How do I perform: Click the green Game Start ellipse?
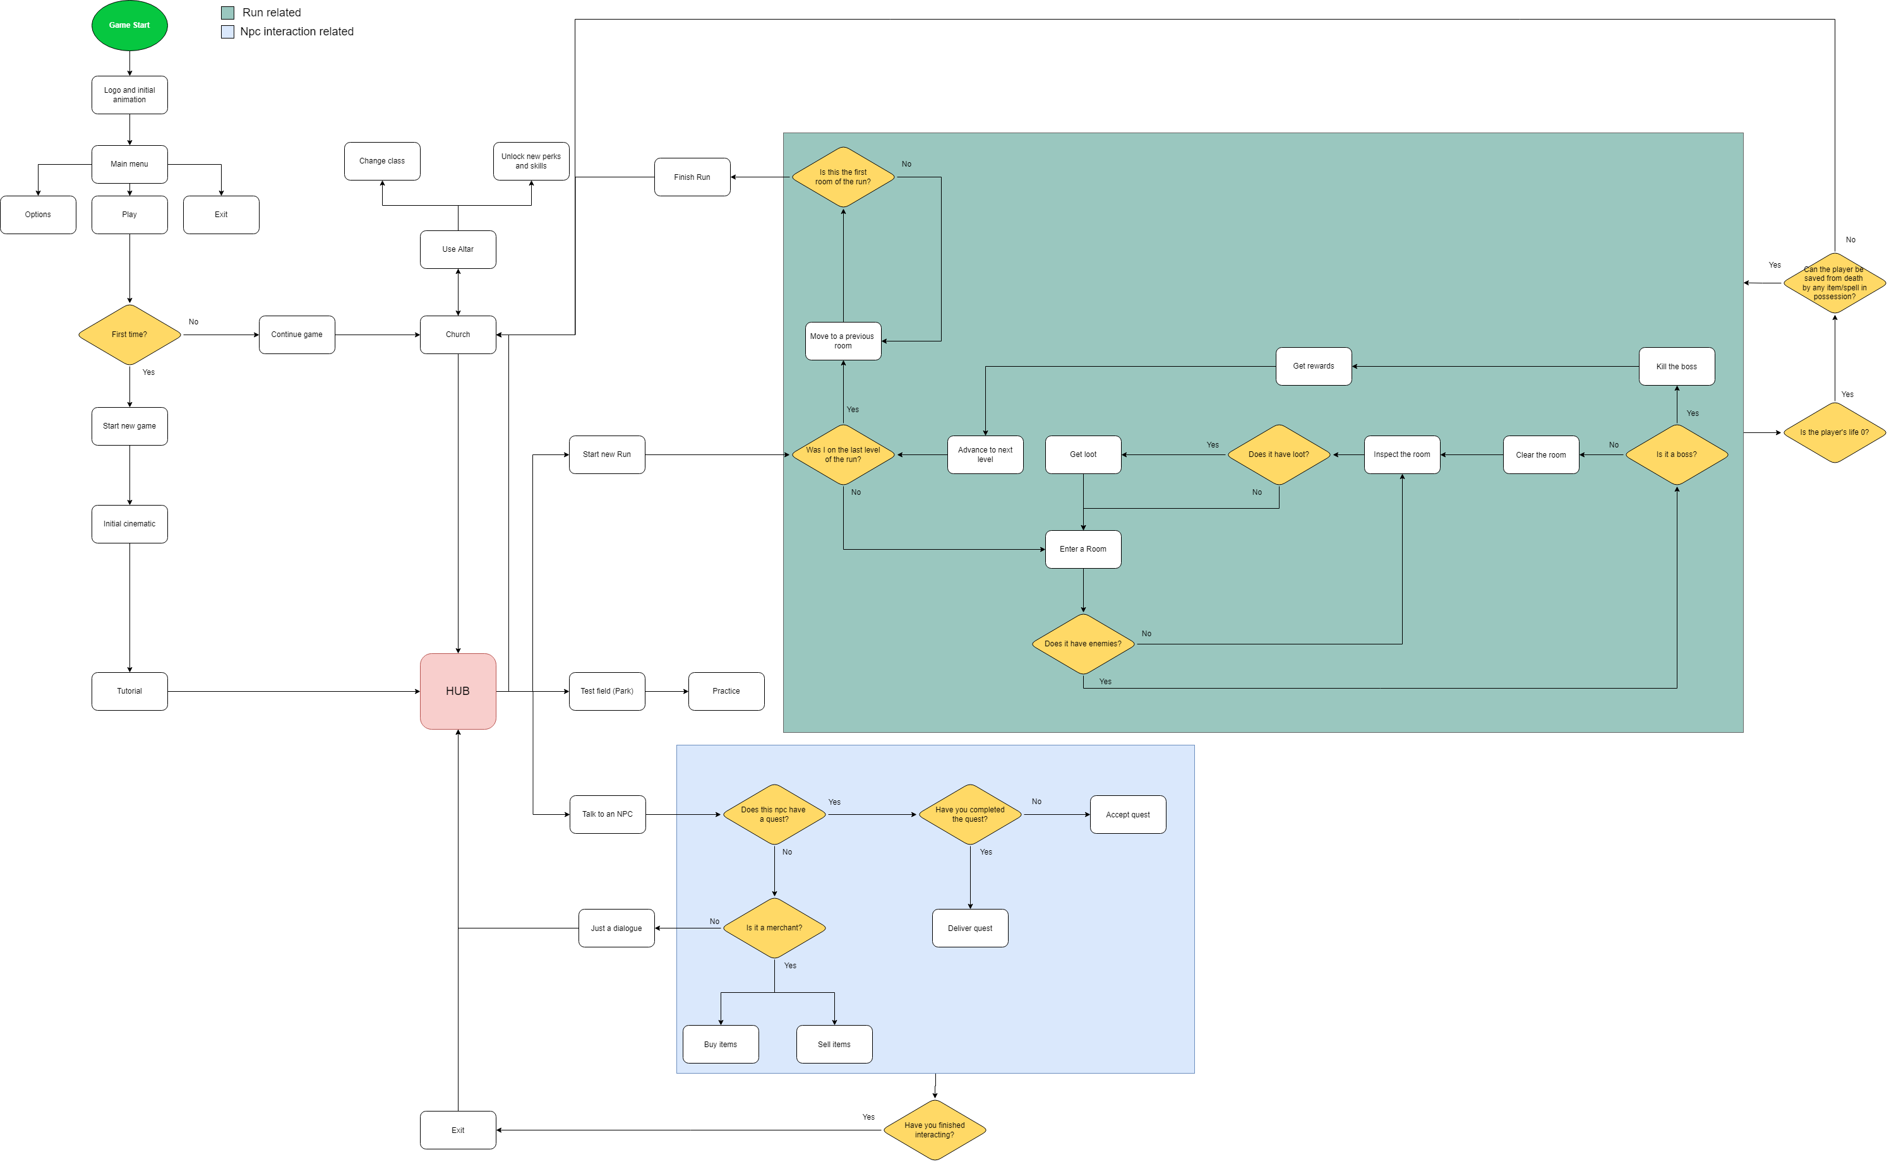click(129, 25)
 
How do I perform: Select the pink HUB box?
click(457, 691)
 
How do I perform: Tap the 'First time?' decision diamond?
click(129, 335)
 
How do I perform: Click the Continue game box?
click(297, 335)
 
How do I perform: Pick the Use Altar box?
click(457, 249)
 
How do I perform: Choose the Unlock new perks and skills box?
click(531, 160)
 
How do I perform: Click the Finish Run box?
click(692, 177)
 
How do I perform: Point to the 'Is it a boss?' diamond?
click(1676, 454)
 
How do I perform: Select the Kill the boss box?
click(1676, 367)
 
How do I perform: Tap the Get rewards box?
click(1313, 366)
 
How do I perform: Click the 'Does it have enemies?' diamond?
click(1082, 644)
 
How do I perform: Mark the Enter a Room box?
click(1082, 548)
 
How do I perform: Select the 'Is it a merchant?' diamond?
click(774, 928)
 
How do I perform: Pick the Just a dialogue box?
click(616, 928)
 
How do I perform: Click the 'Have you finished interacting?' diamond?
click(934, 1130)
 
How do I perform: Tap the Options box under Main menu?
click(38, 215)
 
